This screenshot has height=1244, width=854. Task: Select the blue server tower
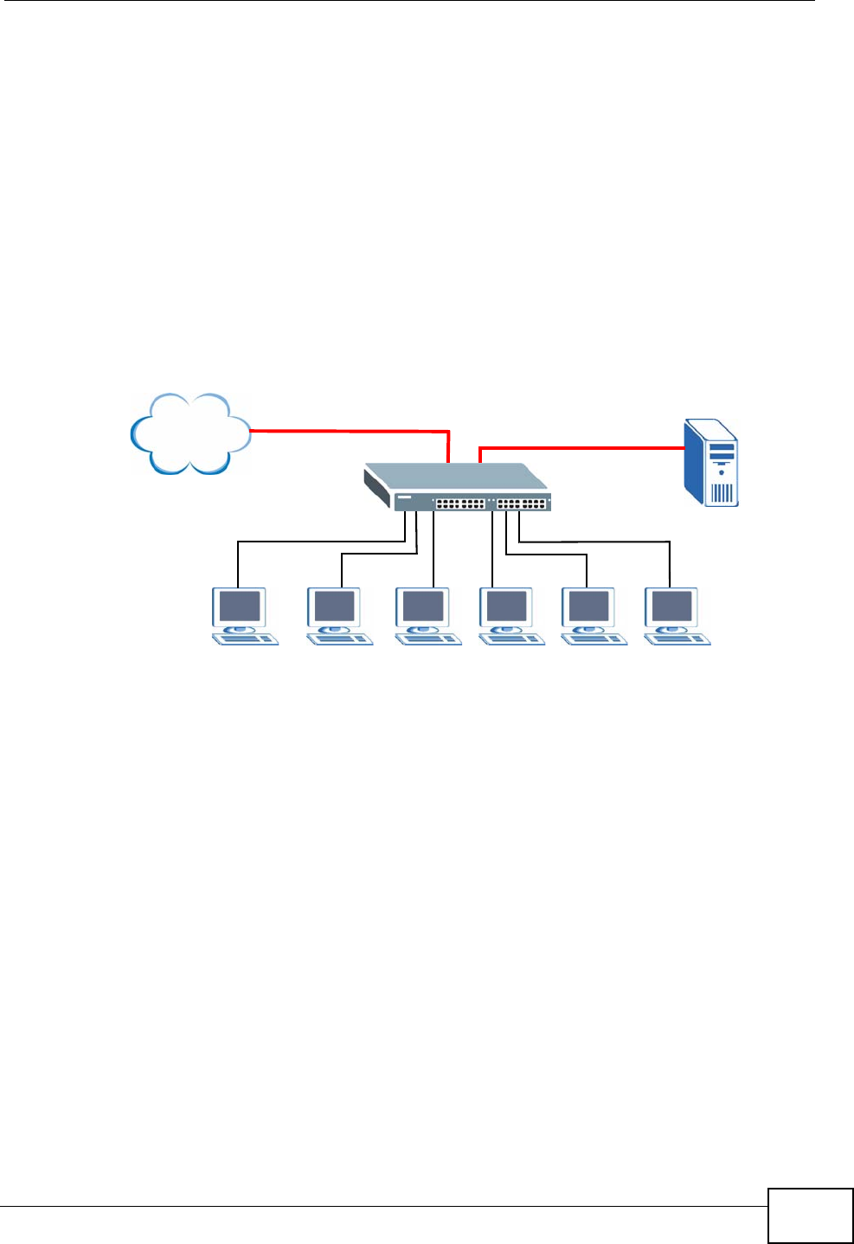[x=711, y=462]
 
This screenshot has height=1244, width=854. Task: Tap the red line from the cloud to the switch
[x=346, y=430]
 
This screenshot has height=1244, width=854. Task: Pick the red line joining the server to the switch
[x=580, y=448]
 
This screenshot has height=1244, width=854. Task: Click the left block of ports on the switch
[x=459, y=503]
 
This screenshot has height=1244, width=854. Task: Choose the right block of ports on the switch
[x=522, y=503]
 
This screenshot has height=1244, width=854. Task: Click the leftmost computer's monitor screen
[x=239, y=606]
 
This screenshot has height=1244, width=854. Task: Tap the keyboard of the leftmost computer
[x=246, y=639]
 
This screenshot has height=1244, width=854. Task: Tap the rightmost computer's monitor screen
[x=672, y=606]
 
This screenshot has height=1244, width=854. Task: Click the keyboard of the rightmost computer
[x=678, y=639]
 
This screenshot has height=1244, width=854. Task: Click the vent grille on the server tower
[x=722, y=493]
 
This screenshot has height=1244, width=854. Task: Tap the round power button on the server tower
[x=722, y=473]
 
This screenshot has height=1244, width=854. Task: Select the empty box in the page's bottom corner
[x=810, y=1216]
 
